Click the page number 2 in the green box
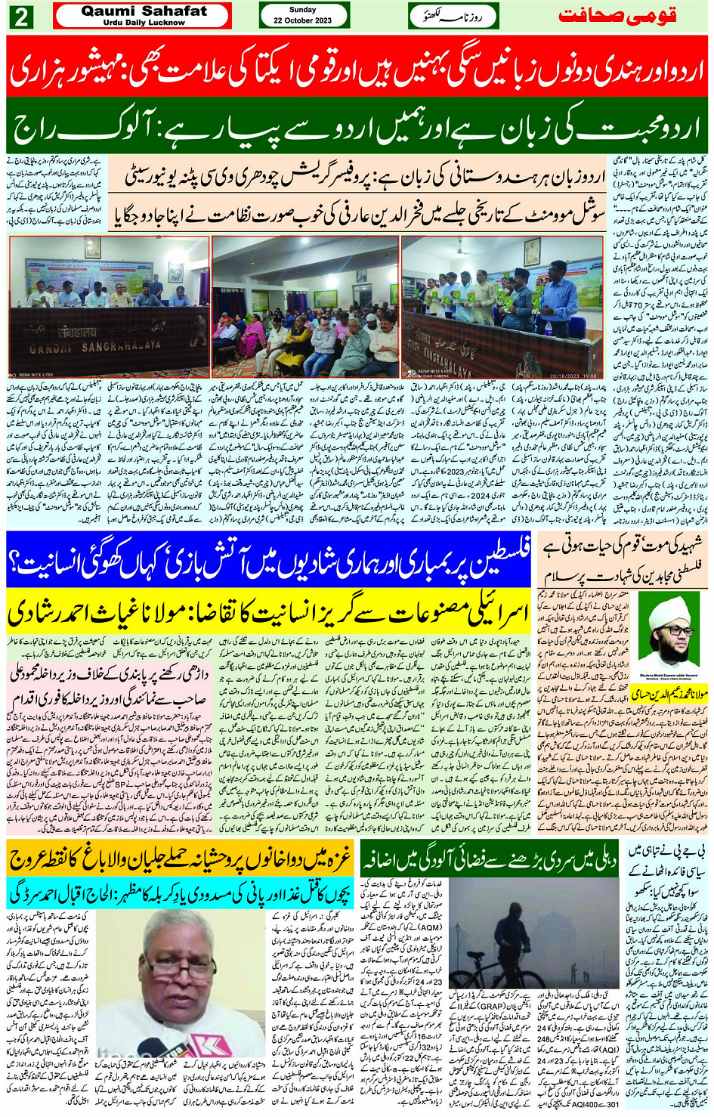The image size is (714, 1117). click(21, 17)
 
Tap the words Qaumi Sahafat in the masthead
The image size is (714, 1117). click(144, 11)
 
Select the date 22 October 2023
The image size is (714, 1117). click(303, 20)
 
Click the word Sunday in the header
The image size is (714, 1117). click(303, 10)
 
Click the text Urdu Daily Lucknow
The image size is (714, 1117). click(144, 23)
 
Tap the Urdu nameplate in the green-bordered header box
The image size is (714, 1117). click(453, 16)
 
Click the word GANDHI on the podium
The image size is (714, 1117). click(53, 349)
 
